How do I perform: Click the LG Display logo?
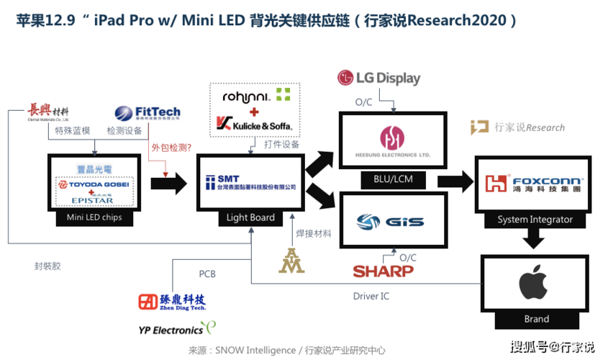378,77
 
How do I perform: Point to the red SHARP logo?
383,271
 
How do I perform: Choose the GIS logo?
391,222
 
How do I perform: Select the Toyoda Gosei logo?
94,184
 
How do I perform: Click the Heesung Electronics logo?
392,142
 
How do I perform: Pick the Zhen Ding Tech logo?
173,302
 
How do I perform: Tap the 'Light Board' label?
250,217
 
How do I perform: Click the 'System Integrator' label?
535,220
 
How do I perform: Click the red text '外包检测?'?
171,148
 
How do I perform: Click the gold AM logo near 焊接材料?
292,261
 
